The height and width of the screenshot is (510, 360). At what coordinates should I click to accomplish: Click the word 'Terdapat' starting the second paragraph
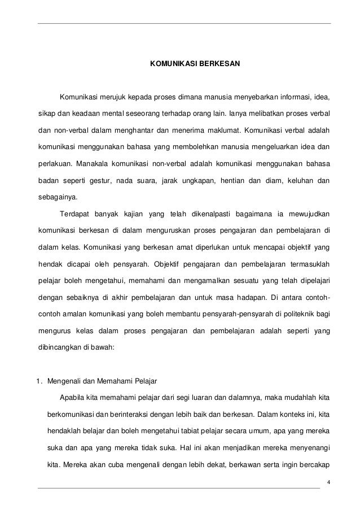click(x=73, y=214)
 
